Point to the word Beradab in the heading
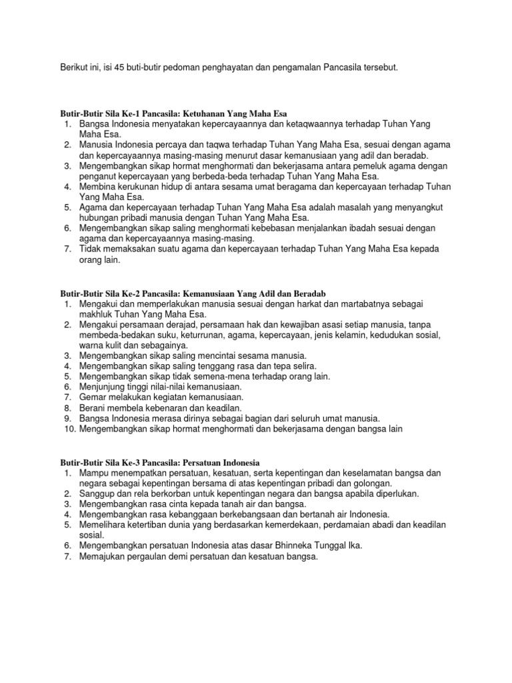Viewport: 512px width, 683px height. (x=309, y=294)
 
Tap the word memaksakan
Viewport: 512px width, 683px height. (x=129, y=248)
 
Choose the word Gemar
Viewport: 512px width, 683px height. (x=93, y=397)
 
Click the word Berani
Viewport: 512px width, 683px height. (x=93, y=408)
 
